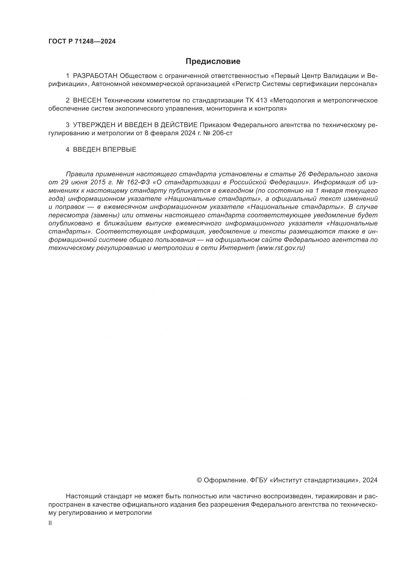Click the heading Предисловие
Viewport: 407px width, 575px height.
(213, 61)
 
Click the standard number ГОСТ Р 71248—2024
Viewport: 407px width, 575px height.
(82, 42)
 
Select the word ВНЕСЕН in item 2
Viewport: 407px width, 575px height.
(87, 101)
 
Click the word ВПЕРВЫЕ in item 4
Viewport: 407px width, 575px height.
(119, 149)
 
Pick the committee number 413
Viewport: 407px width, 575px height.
(261, 101)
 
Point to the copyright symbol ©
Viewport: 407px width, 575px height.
(200, 480)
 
